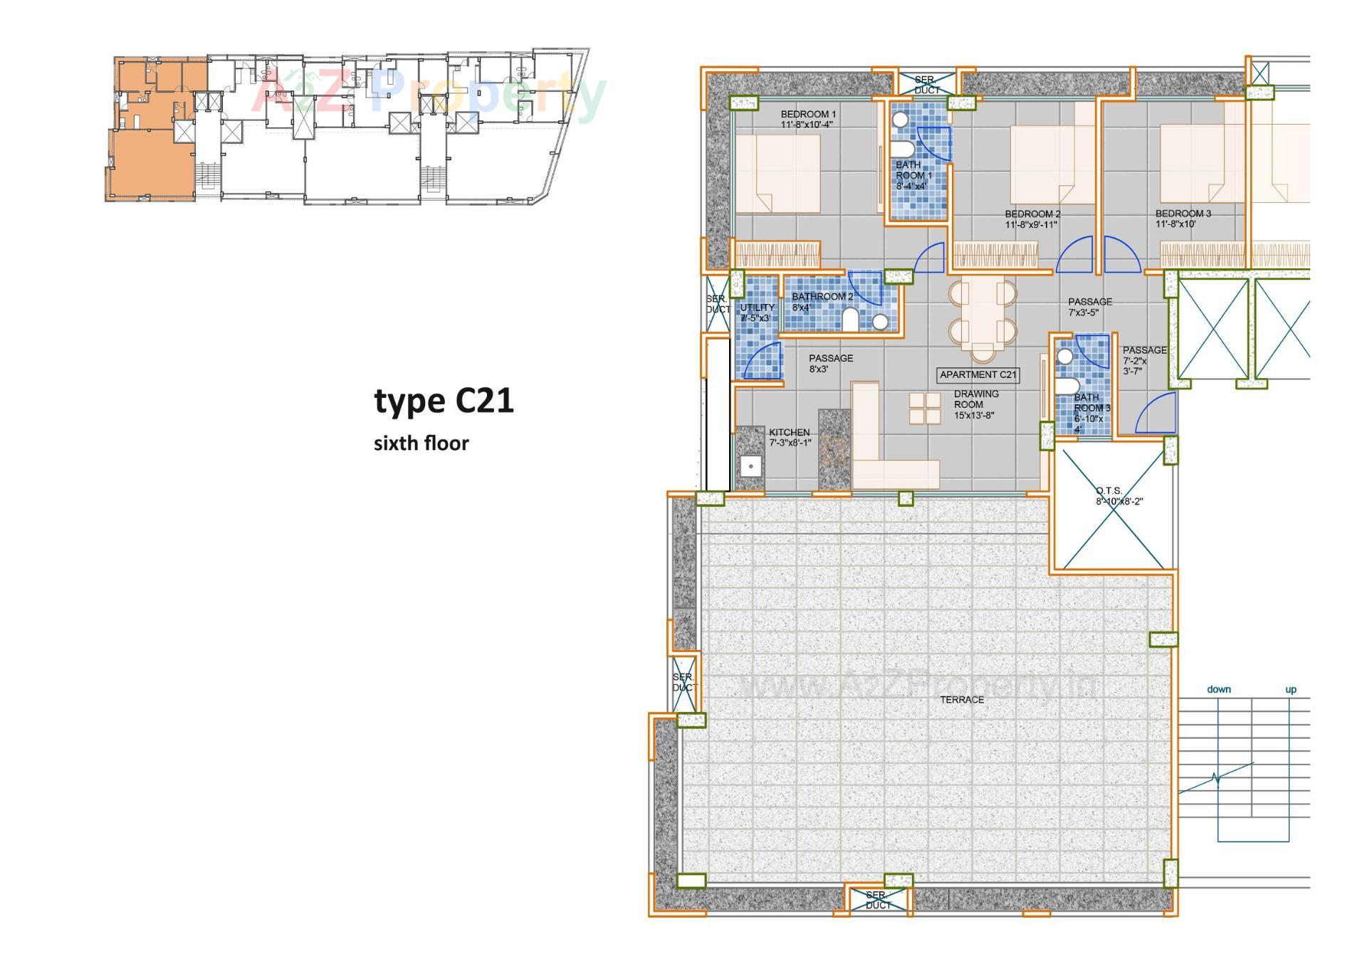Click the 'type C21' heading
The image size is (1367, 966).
444,401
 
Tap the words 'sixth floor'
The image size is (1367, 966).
421,443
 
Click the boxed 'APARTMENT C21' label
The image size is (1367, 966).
978,375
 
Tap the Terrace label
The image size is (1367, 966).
961,700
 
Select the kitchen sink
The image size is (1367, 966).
750,467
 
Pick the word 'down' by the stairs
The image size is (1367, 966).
1218,689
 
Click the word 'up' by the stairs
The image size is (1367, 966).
1290,689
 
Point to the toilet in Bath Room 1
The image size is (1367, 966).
903,149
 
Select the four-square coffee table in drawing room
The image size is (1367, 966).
924,408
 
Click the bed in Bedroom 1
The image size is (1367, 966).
777,173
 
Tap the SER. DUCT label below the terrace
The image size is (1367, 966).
877,900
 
